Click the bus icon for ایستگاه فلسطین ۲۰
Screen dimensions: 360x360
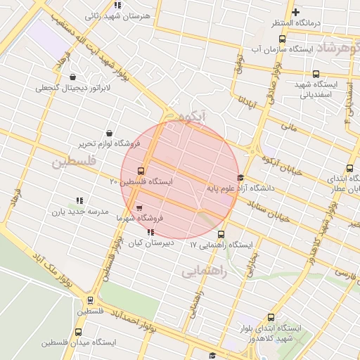tap(141, 171)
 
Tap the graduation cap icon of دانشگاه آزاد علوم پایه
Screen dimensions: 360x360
tap(241, 177)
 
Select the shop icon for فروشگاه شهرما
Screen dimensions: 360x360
tap(139, 207)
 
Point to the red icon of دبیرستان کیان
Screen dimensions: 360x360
tap(150, 232)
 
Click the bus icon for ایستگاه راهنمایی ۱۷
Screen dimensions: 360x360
tap(221, 235)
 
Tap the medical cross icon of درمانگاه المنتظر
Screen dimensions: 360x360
tap(296, 12)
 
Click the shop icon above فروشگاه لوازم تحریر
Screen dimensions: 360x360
tap(109, 133)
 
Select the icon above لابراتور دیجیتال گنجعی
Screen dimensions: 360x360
tap(72, 77)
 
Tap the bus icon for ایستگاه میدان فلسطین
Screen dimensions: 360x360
tap(77, 332)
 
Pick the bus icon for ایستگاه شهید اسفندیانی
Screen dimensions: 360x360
tap(315, 73)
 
